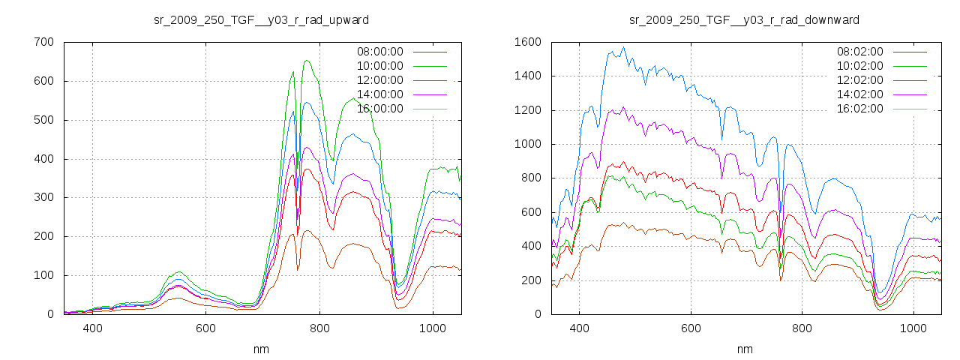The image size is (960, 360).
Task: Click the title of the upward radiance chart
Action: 261,19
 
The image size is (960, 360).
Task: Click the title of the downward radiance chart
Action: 744,19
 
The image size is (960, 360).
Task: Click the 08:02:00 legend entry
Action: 859,52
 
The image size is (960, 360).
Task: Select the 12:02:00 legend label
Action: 859,80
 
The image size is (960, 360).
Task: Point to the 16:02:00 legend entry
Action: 859,109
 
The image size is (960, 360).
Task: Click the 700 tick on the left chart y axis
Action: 43,42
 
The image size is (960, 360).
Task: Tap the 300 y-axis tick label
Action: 43,197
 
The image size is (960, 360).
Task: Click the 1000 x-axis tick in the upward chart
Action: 433,328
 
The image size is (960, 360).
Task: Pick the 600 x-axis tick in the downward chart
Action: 691,328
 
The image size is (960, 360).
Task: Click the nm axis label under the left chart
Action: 261,349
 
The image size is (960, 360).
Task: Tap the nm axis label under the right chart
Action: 745,349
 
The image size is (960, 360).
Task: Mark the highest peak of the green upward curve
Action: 307,61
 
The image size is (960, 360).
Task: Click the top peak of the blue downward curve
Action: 623,47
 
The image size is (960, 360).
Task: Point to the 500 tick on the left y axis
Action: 43,120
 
